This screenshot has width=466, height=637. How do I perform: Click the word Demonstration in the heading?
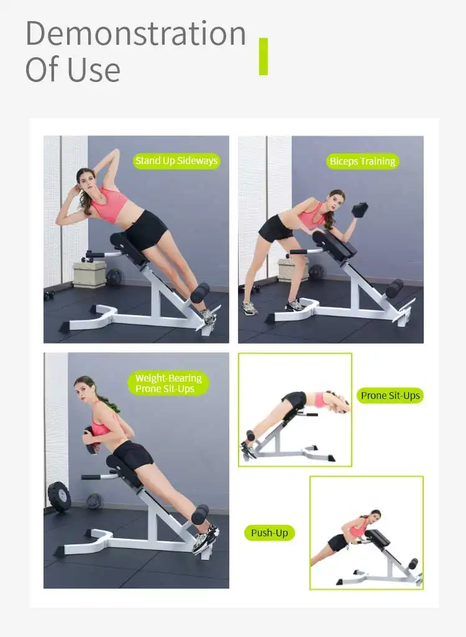pos(135,34)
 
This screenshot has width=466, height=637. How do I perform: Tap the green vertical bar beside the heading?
pos(263,57)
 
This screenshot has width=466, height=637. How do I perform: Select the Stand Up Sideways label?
pos(176,161)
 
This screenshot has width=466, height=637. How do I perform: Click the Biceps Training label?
pos(362,162)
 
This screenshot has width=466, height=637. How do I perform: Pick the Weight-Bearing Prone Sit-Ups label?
pos(168,383)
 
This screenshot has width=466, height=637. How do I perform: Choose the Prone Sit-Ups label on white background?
pos(390,395)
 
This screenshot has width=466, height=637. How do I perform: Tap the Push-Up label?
pos(270,533)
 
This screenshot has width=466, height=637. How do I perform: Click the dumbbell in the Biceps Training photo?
pos(360,209)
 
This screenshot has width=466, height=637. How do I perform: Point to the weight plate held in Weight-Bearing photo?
pos(90,439)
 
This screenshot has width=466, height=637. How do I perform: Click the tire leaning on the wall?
pos(59,497)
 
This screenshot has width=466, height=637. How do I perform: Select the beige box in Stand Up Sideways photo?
pos(89,274)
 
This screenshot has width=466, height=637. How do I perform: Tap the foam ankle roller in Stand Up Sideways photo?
pos(199,293)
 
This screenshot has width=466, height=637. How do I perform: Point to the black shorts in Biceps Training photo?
pos(275,228)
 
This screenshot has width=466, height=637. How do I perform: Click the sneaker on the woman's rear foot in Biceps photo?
pos(249,308)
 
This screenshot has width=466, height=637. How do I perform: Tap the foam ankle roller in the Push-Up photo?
pos(413,564)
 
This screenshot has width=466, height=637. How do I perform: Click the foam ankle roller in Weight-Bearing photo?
pos(200,515)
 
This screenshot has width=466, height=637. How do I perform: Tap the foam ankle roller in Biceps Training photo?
pos(394,289)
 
